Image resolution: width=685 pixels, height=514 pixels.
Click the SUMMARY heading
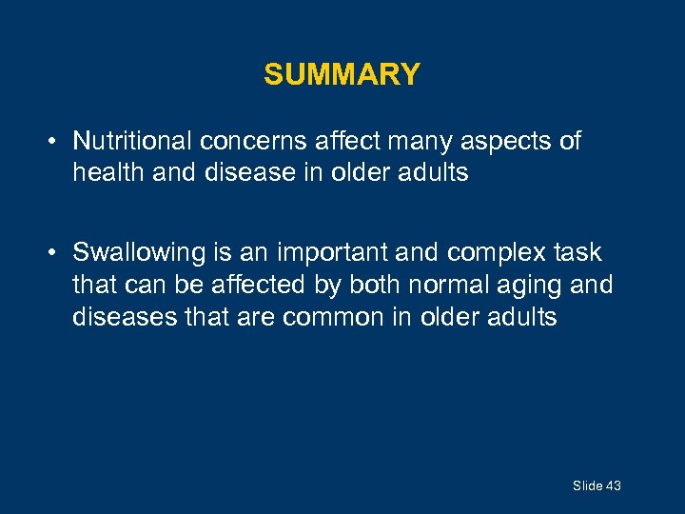pos(342,74)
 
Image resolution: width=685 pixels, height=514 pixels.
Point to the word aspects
pos(509,142)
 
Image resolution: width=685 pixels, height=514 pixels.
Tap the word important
pos(329,252)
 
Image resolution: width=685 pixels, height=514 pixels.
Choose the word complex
pos(485,252)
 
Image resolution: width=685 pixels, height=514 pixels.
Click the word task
pos(578,252)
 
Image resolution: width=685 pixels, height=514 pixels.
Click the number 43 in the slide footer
pos(613,485)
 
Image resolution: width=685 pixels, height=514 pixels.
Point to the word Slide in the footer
pos(587,485)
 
